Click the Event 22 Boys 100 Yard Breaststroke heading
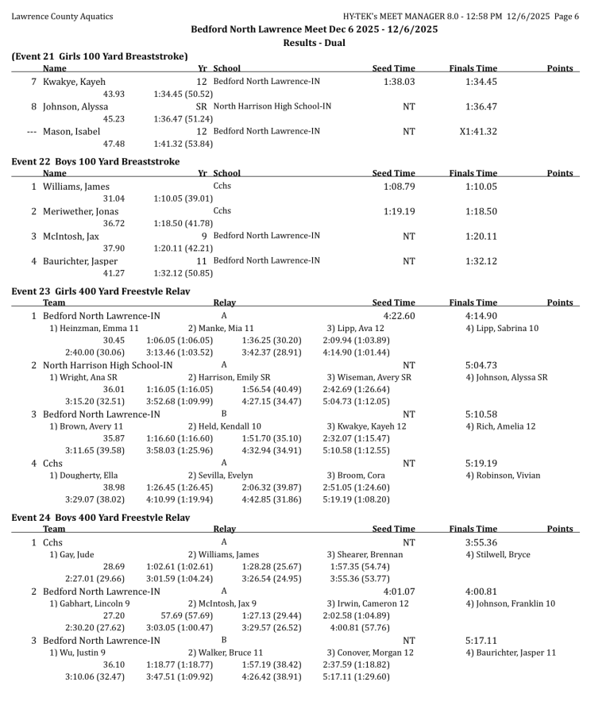[x=95, y=161]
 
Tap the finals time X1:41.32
[x=481, y=132]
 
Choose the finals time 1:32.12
[x=481, y=260]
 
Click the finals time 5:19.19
[x=481, y=464]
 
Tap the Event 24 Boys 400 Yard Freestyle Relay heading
[x=100, y=518]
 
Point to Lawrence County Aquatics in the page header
[x=62, y=16]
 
